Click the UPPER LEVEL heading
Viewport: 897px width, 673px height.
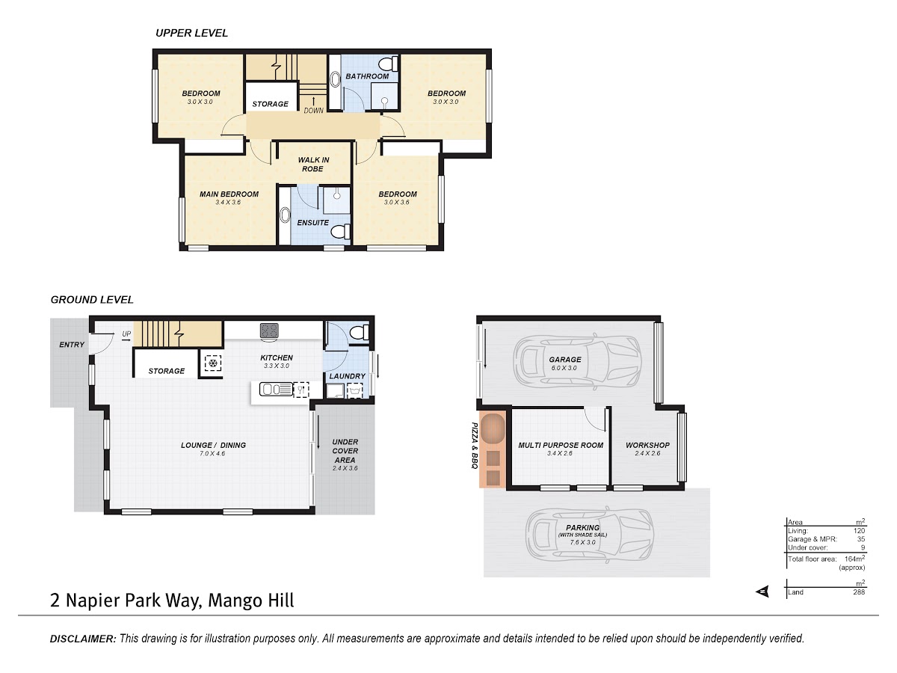tap(191, 33)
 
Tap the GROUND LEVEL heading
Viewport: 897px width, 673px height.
tap(92, 300)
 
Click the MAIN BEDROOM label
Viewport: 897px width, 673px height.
tap(229, 194)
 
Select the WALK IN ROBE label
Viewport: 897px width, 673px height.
tap(313, 165)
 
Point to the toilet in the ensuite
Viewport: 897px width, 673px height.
tap(340, 232)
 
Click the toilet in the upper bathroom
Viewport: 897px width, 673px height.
tap(388, 64)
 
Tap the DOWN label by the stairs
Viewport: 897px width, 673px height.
tap(313, 111)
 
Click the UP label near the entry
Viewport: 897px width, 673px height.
tap(126, 334)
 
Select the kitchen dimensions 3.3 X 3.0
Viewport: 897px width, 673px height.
tap(277, 366)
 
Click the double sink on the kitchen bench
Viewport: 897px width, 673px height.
tap(277, 389)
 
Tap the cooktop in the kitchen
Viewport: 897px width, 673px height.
tap(269, 330)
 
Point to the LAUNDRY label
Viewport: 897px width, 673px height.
tap(348, 376)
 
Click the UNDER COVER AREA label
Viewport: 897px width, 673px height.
tap(345, 451)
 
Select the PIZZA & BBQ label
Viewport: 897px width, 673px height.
tap(475, 446)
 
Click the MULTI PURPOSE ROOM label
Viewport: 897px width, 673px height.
tap(561, 445)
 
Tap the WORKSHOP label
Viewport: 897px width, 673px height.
tap(648, 445)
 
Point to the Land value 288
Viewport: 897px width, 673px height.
tap(859, 591)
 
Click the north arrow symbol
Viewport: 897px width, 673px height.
tap(762, 591)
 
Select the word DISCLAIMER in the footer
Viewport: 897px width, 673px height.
tap(83, 639)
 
